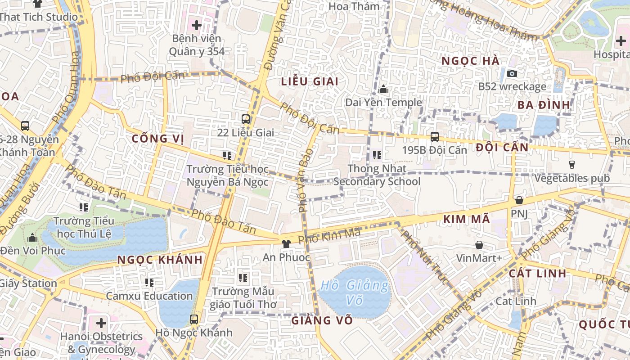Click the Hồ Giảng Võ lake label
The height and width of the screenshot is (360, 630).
(x=355, y=292)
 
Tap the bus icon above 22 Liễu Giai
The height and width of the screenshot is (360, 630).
(x=246, y=119)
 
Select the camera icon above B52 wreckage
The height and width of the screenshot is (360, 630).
(x=512, y=73)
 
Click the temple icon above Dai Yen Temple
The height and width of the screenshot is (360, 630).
(x=384, y=90)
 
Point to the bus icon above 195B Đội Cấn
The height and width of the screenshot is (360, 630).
(x=435, y=137)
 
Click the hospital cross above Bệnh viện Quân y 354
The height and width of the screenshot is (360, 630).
(x=197, y=25)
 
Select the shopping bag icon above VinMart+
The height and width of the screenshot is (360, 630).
(x=479, y=245)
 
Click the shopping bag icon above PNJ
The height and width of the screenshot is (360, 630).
(x=519, y=200)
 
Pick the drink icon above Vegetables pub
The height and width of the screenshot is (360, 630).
(x=572, y=165)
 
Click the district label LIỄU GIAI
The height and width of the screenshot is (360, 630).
(x=309, y=81)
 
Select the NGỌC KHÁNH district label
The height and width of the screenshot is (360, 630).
(x=160, y=260)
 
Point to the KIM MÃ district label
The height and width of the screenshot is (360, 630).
(x=466, y=219)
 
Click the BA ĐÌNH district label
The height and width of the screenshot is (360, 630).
(x=544, y=105)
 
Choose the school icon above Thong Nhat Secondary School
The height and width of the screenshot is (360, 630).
(x=377, y=156)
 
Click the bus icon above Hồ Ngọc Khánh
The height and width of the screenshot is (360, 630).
(x=194, y=319)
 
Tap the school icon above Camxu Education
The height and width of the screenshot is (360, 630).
(x=149, y=283)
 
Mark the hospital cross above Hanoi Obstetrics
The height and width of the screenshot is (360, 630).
(x=101, y=323)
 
